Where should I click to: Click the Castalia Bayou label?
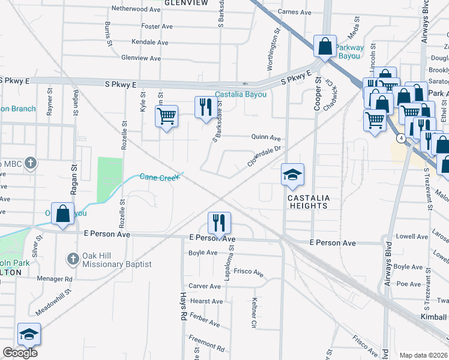[241, 95]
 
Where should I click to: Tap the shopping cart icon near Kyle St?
[166, 115]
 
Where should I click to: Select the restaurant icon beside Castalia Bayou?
[206, 107]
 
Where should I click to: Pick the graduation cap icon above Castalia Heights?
[292, 175]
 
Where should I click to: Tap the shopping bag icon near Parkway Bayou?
[325, 46]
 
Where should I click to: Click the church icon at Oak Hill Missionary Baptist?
[73, 259]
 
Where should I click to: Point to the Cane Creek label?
[160, 176]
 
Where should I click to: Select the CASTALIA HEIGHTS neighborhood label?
[308, 201]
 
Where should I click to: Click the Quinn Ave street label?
[267, 137]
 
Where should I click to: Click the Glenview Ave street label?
[141, 58]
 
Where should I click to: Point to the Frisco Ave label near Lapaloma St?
[249, 273]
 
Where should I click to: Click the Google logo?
[20, 353]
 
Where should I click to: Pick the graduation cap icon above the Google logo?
[29, 334]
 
